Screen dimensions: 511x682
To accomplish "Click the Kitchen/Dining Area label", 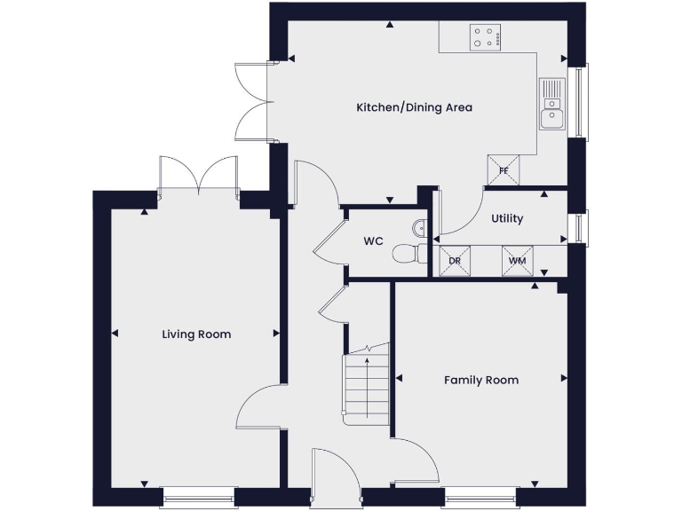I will click(x=414, y=107).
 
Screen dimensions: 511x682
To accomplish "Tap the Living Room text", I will click(x=196, y=334).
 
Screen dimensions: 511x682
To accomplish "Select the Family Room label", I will click(x=481, y=380).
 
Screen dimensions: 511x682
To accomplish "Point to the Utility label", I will click(x=507, y=218).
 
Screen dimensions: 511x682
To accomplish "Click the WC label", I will click(x=373, y=241).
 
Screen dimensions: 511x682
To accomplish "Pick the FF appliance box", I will click(x=504, y=169).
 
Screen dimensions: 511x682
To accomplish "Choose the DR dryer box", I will click(x=455, y=259).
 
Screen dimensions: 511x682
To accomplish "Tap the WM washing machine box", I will click(x=517, y=259).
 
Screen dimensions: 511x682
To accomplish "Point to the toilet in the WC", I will click(x=407, y=253).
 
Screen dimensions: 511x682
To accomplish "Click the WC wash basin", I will click(x=421, y=224).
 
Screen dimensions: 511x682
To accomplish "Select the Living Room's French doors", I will click(x=199, y=175).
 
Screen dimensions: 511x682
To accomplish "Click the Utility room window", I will click(x=580, y=227).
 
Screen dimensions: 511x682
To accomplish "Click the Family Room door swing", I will click(x=417, y=457).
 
